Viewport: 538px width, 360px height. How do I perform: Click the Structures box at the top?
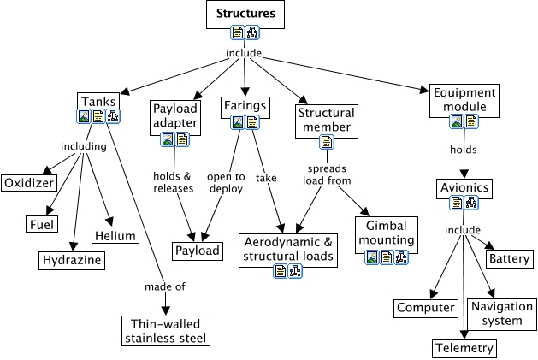point(245,14)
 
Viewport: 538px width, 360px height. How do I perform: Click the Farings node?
point(245,107)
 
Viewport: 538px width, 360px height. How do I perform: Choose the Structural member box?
point(325,120)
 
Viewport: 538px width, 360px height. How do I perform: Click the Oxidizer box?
point(29,183)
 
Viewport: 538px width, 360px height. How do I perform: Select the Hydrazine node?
point(72,260)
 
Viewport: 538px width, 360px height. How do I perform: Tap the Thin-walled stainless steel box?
point(165,330)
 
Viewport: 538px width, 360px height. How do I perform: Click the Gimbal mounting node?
point(385,232)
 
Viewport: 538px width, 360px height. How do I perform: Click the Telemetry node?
point(464,348)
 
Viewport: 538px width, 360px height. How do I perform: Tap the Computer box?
point(425,307)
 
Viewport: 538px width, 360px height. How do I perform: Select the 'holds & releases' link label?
point(173,182)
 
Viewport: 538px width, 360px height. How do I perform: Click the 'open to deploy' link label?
point(225,183)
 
